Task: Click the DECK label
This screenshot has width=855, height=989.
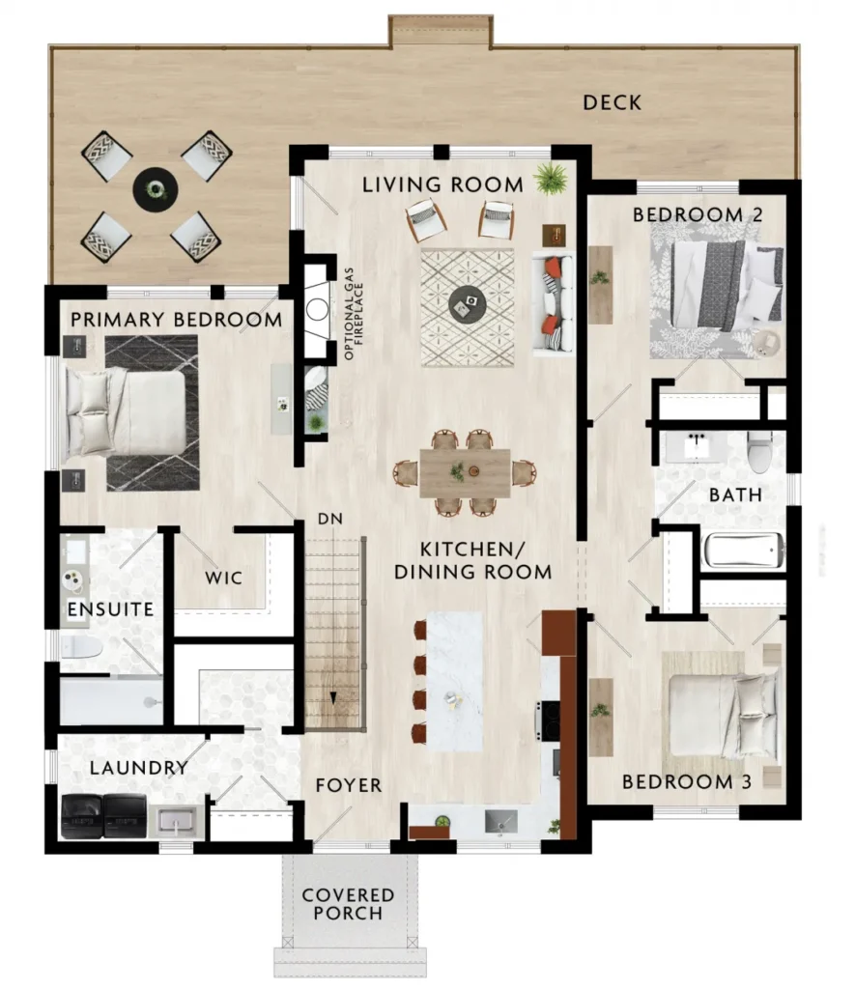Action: (612, 102)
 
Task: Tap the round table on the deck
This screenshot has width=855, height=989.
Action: (156, 188)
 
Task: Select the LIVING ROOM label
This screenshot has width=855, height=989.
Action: (442, 184)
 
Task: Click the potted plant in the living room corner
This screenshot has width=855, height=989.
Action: (551, 178)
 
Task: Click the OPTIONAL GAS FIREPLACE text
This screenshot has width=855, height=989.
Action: (354, 314)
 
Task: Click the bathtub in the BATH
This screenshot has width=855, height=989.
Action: (743, 551)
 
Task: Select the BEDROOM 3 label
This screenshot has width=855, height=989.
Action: (687, 782)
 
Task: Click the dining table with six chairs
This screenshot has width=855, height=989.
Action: (465, 472)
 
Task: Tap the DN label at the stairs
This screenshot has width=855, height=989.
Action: (330, 519)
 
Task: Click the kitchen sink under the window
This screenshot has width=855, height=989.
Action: (501, 822)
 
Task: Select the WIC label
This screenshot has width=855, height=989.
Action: (223, 578)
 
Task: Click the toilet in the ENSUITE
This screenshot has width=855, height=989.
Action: (81, 647)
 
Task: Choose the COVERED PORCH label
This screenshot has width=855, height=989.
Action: (348, 904)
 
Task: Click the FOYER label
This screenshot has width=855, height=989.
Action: (349, 785)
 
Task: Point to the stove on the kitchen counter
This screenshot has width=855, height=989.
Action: (549, 721)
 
